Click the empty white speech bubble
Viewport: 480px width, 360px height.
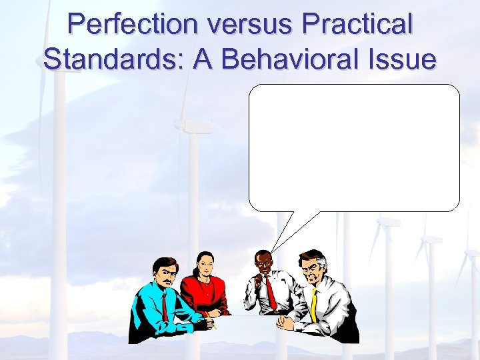tap(354, 148)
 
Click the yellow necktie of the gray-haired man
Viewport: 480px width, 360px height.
tap(314, 303)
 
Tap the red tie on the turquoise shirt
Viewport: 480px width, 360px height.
tap(165, 306)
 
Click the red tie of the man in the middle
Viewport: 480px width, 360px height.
tap(271, 293)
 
